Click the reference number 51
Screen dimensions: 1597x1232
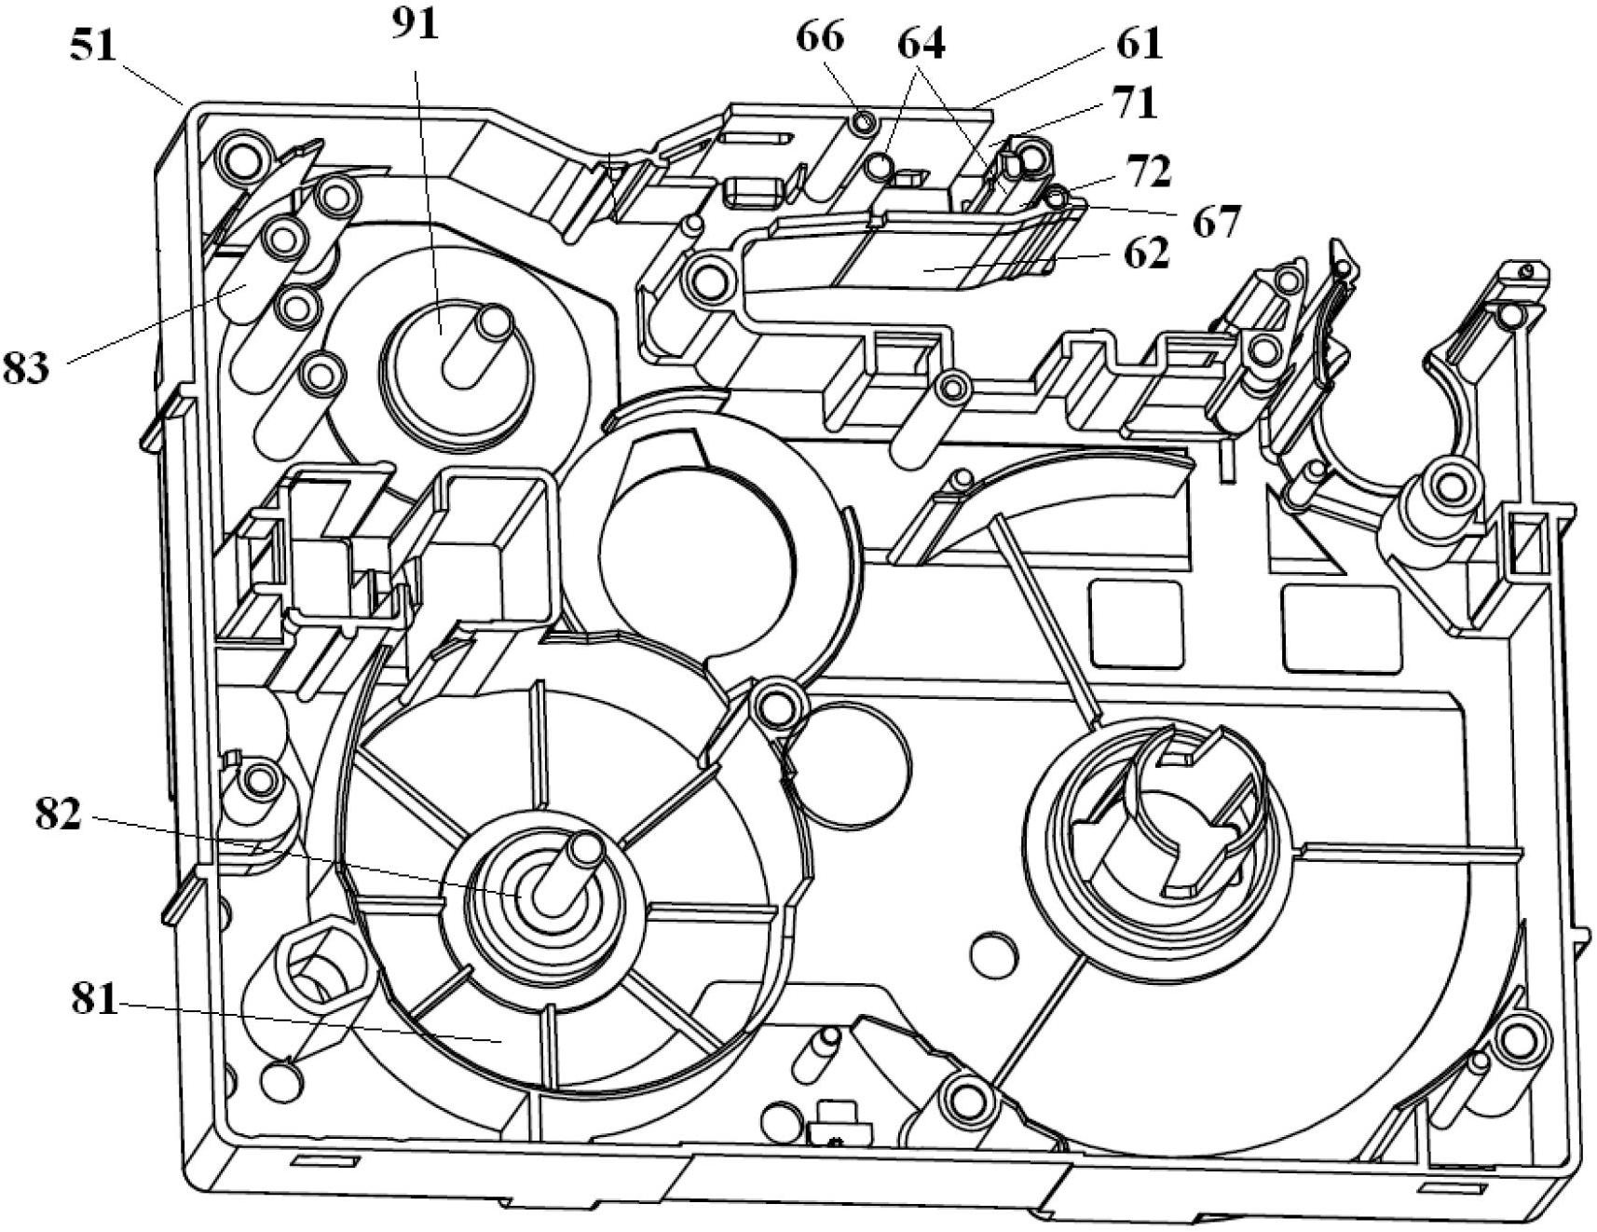pos(93,46)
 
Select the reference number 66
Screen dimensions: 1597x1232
pos(820,37)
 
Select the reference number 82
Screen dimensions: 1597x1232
pos(59,814)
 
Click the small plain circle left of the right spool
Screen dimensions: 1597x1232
pos(993,951)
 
